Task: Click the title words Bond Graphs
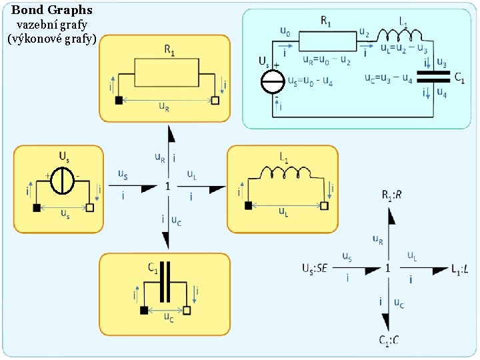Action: click(52, 10)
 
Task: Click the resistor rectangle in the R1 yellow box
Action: click(167, 72)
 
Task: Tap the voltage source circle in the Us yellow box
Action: click(62, 181)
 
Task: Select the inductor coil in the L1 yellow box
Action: click(286, 173)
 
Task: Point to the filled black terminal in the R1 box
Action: click(119, 100)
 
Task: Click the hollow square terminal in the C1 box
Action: click(187, 310)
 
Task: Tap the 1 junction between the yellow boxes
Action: click(168, 187)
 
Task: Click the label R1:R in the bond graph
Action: click(391, 195)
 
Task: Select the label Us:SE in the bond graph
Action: click(314, 269)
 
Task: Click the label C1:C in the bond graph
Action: click(389, 341)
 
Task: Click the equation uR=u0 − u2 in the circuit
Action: click(327, 61)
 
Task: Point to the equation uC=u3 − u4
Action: click(389, 79)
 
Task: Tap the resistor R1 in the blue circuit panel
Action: click(325, 42)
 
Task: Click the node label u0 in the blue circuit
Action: click(285, 31)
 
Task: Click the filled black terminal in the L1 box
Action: click(249, 206)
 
